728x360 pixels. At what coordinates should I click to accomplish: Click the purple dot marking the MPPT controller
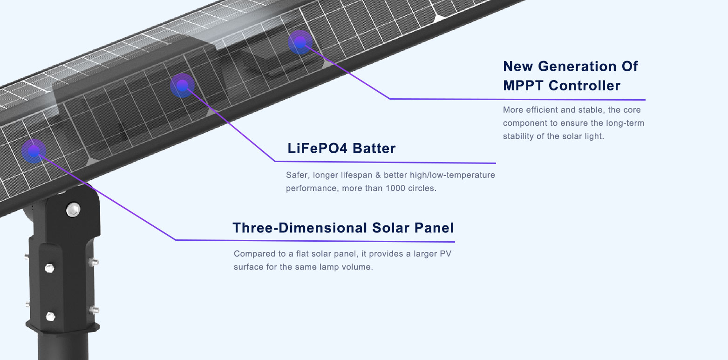tap(300, 42)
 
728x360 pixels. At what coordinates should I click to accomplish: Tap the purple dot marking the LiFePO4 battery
tap(182, 85)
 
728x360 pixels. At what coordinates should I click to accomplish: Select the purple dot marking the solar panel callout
tap(34, 151)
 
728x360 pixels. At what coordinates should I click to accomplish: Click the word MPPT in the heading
tap(523, 86)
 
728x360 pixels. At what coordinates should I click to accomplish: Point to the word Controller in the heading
tap(585, 86)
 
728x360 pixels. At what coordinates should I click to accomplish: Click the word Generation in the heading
tap(577, 66)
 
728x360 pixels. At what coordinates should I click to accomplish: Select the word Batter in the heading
tap(374, 148)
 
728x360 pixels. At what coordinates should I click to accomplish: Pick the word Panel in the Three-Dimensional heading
tap(434, 228)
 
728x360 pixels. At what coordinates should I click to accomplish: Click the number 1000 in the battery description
tap(395, 188)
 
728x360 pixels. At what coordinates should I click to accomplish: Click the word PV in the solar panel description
tap(445, 254)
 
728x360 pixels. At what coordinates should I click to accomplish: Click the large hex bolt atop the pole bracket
tap(73, 210)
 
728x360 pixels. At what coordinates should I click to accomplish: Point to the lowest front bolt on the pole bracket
tap(50, 316)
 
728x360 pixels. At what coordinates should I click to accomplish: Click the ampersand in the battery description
tap(378, 175)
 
